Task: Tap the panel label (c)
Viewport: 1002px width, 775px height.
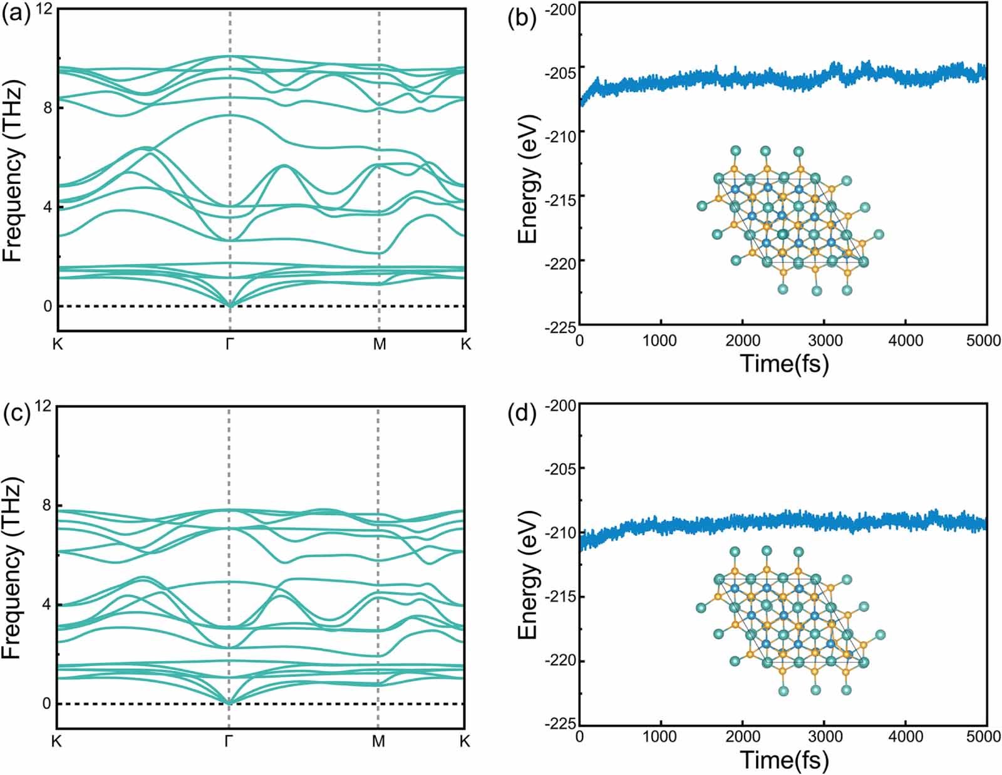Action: [x=16, y=414]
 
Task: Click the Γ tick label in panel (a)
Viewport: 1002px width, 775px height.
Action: [x=230, y=344]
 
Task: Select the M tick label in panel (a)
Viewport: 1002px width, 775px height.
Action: [x=380, y=344]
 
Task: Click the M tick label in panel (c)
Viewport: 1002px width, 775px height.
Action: [x=378, y=741]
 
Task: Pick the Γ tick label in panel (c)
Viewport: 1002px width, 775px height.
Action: [x=229, y=741]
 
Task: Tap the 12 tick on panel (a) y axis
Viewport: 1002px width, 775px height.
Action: [x=43, y=10]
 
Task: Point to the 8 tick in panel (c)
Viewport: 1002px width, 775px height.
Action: [x=47, y=506]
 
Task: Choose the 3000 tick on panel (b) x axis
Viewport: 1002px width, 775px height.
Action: [x=824, y=341]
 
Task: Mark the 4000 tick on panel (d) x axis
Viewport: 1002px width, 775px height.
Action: [x=906, y=737]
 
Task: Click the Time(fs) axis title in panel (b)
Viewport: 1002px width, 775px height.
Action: [x=784, y=363]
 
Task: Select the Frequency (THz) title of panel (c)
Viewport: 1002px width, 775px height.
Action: [x=13, y=567]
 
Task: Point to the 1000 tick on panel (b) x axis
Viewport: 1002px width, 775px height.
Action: [x=661, y=341]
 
